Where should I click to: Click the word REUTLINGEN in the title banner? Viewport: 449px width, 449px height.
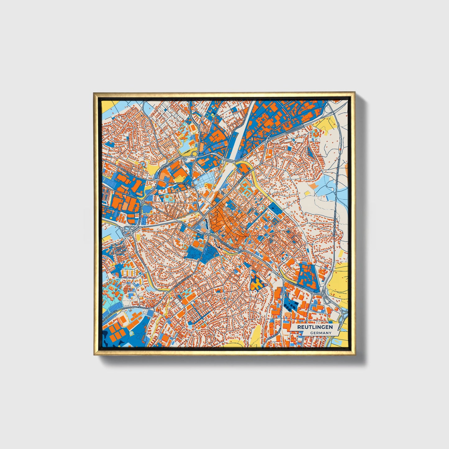pyautogui.click(x=315, y=327)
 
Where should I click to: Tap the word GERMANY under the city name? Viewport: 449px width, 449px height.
pyautogui.click(x=321, y=333)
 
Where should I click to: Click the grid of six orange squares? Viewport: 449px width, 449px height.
pyautogui.click(x=114, y=332)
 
